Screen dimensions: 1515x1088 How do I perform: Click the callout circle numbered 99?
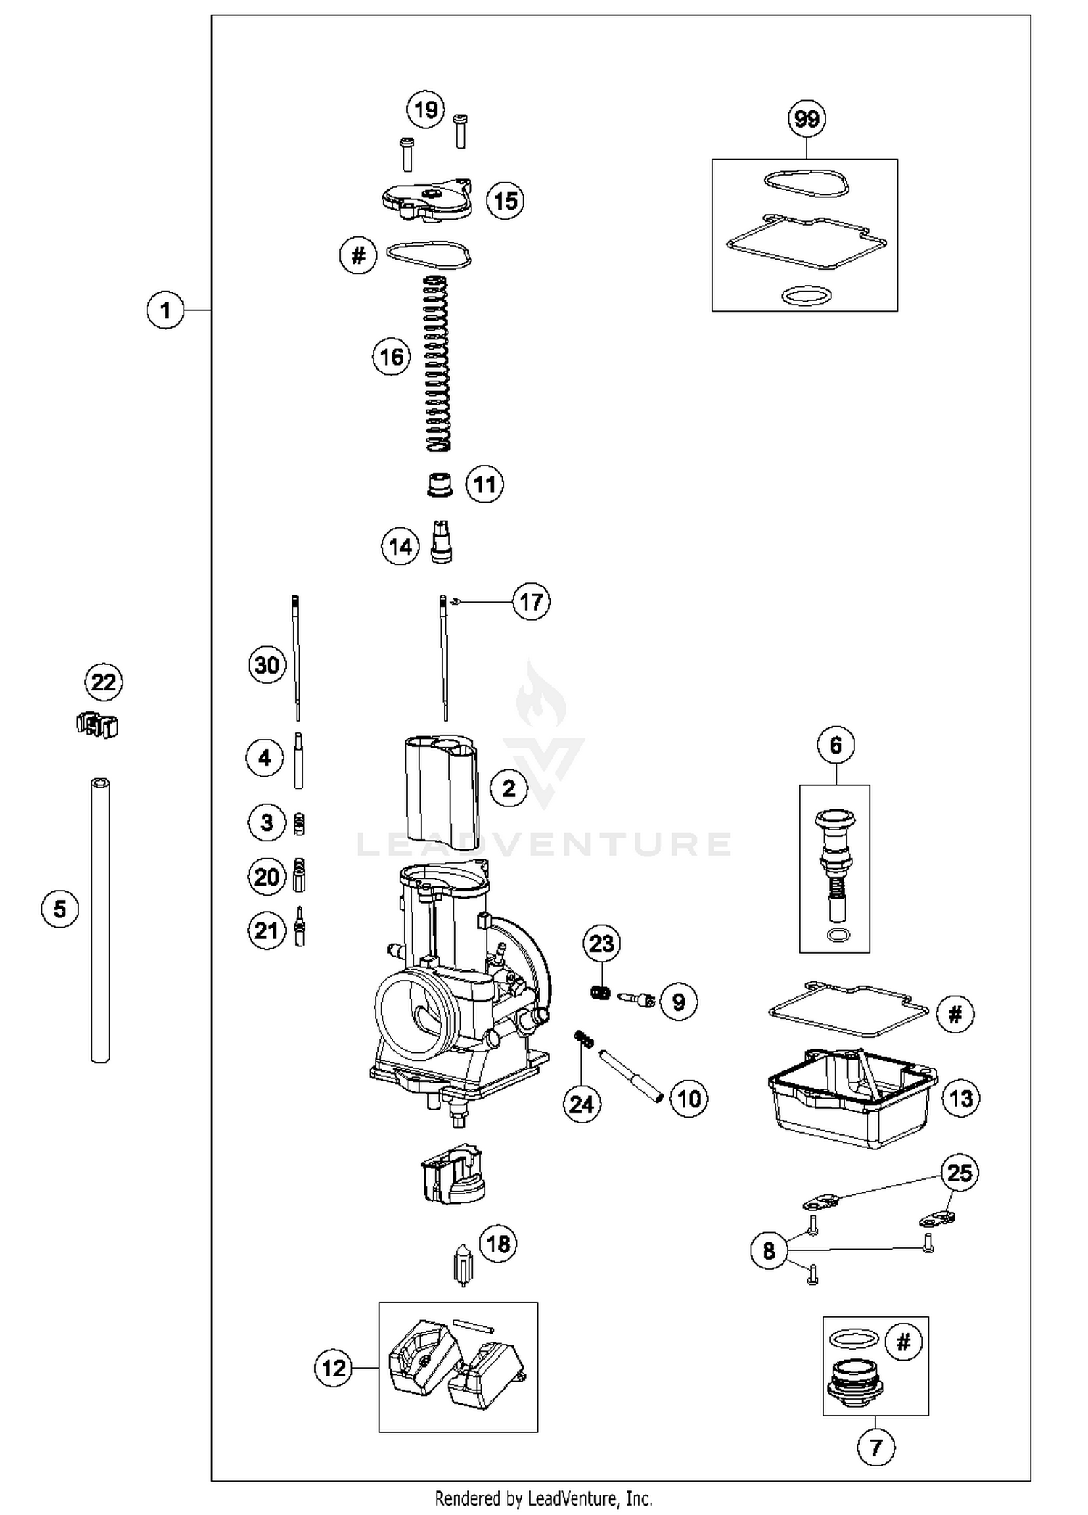tap(807, 118)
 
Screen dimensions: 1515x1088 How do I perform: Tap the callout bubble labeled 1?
tap(165, 310)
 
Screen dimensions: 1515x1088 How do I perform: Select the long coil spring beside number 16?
tap(437, 363)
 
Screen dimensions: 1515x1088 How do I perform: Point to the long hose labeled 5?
tap(101, 921)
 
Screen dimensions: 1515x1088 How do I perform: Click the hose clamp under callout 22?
tap(97, 724)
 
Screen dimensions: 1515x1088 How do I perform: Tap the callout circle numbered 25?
tap(960, 1173)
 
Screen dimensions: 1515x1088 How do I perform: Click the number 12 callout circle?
tap(334, 1368)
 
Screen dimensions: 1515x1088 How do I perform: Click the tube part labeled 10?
tap(631, 1076)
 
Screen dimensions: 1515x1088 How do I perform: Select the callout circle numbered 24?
tap(582, 1105)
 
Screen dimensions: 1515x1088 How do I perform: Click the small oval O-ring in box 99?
tap(807, 296)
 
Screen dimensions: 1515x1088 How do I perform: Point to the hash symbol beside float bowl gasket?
tap(955, 1014)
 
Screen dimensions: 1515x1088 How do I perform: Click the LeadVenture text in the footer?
tap(590, 1498)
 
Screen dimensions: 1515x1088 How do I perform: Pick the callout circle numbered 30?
tap(267, 665)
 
